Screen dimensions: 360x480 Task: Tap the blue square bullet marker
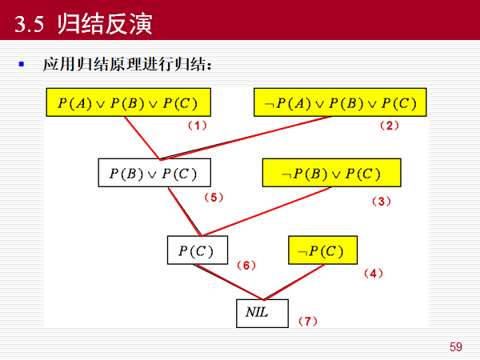tap(22, 62)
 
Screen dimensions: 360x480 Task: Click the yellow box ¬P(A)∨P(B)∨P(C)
tap(340, 102)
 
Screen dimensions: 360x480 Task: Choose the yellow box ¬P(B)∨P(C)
tap(331, 173)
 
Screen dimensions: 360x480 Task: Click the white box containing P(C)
tap(197, 250)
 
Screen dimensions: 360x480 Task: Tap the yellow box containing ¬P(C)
tap(322, 250)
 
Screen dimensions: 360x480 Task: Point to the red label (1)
tap(197, 126)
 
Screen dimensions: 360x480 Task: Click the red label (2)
tap(389, 126)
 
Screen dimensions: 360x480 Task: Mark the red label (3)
tap(381, 202)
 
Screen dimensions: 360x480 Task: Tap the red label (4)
tap(373, 274)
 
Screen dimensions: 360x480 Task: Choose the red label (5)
tap(212, 197)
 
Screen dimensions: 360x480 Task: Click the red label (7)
tap(307, 322)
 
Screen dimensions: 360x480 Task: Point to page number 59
tap(456, 346)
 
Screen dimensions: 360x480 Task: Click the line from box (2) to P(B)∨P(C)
tap(248, 138)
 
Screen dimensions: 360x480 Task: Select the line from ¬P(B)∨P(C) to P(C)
tap(272, 212)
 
